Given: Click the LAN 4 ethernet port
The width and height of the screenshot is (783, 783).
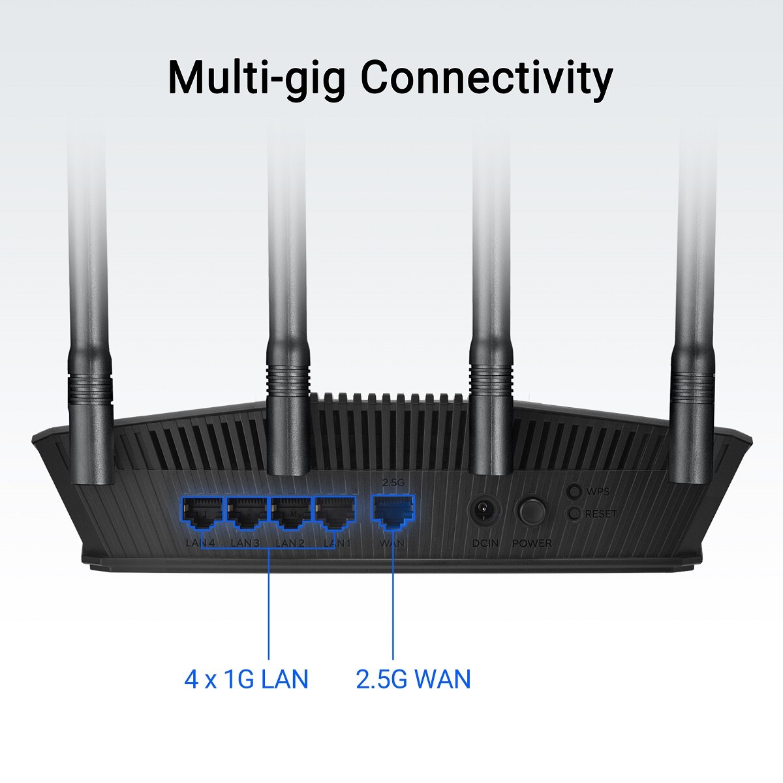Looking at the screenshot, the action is pyautogui.click(x=202, y=512).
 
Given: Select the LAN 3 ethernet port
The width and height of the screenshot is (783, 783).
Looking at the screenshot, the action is pyautogui.click(x=247, y=512).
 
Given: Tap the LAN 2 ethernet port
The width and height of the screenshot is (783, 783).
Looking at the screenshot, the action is pyautogui.click(x=291, y=512).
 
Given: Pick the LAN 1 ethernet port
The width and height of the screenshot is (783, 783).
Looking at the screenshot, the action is pyautogui.click(x=335, y=512).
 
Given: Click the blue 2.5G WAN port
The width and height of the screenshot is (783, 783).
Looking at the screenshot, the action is pyautogui.click(x=393, y=511).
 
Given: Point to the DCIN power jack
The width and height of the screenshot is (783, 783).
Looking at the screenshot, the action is pyautogui.click(x=484, y=511).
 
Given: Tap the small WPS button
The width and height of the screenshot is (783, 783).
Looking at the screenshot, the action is pyautogui.click(x=574, y=491).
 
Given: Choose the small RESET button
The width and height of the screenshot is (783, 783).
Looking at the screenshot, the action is pyautogui.click(x=574, y=514).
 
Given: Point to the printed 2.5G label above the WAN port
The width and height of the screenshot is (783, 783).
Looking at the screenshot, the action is pyautogui.click(x=393, y=483).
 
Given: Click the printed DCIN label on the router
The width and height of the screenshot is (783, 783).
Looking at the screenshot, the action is pyautogui.click(x=485, y=543).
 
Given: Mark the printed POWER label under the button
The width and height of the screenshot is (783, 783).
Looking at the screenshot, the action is pyautogui.click(x=532, y=543).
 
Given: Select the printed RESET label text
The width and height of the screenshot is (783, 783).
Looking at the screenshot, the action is pyautogui.click(x=600, y=514).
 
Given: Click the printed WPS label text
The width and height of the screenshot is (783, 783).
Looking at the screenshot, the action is pyautogui.click(x=598, y=492).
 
